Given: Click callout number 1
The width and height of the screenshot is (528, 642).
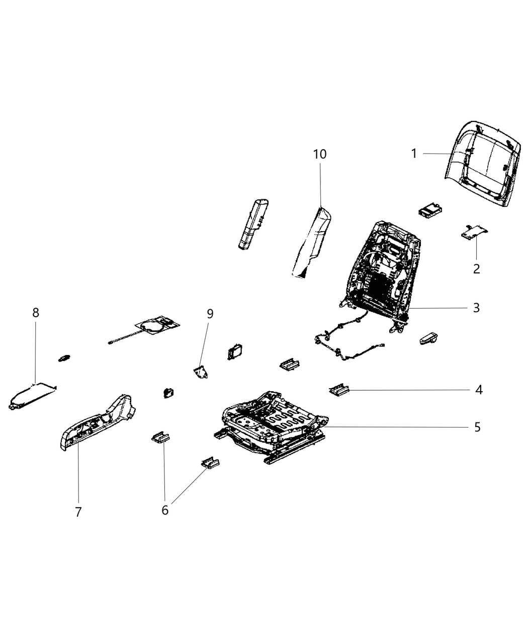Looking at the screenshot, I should pos(414,153).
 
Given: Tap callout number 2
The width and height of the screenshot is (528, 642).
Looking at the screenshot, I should pos(476,268).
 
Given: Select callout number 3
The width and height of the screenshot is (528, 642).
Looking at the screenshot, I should pos(476,307).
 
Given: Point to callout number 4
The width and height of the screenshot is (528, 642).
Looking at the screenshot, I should pos(479,389).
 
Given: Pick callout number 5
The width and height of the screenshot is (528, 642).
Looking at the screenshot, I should pos(477,427).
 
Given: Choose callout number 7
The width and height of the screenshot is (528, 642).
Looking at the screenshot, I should pos(78,512).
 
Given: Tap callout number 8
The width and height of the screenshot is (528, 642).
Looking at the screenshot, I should pos(35,312).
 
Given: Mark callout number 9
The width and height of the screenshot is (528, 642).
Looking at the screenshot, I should pos(210,314).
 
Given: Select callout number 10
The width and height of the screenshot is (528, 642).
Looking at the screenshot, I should pos(320,154).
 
